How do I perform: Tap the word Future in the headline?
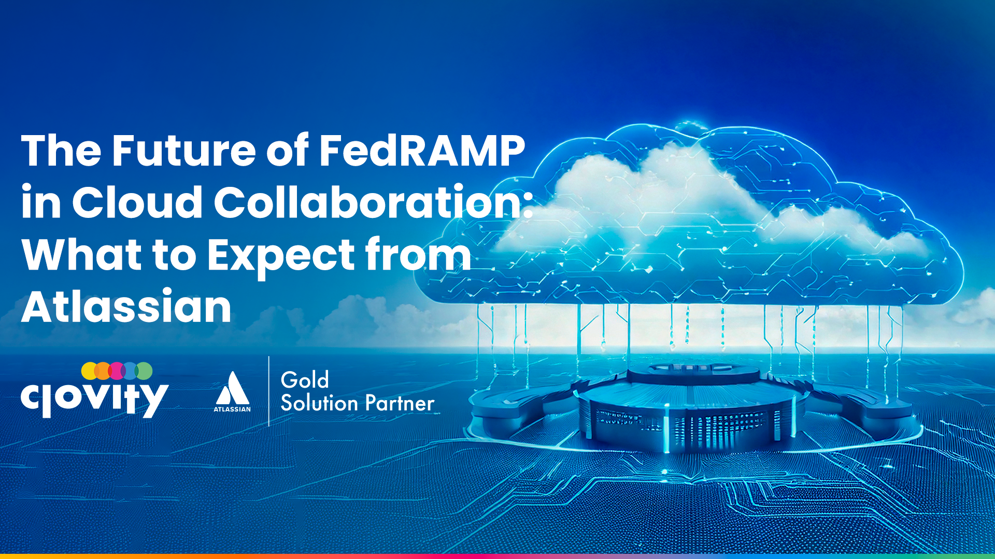(184, 151)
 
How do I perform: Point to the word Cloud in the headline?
(137, 202)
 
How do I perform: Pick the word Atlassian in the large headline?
(126, 306)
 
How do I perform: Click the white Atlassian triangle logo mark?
(232, 388)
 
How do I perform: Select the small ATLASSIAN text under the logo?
(232, 409)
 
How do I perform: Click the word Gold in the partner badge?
(305, 380)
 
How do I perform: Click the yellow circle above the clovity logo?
(90, 371)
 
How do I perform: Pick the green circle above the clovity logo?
(144, 371)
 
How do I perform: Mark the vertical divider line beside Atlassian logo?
(269, 391)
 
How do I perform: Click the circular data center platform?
(692, 409)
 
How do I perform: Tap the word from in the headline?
(418, 254)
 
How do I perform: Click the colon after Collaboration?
(528, 203)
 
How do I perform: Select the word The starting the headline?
(61, 151)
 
